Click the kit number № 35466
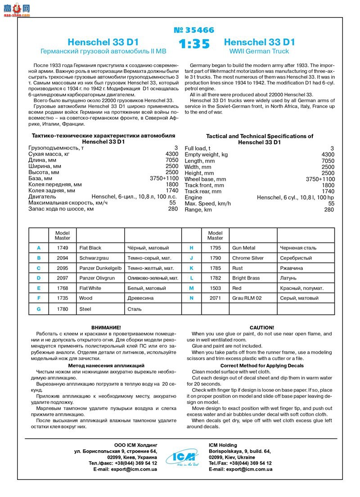pyautogui.click(x=194, y=30)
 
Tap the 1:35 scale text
pyautogui.click(x=194, y=45)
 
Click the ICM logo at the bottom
pyautogui.click(x=183, y=456)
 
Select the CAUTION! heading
pyautogui.click(x=261, y=327)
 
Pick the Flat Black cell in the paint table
pyautogui.click(x=90, y=248)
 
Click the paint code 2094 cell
pyautogui.click(x=63, y=258)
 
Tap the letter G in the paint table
pyautogui.click(x=39, y=309)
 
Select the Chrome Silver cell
pyautogui.click(x=248, y=258)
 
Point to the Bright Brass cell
pyautogui.click(x=246, y=278)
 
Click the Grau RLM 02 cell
pyautogui.click(x=247, y=298)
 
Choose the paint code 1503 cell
pyautogui.click(x=215, y=288)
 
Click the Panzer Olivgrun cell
pyautogui.click(x=97, y=278)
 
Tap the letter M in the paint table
pyautogui.click(x=191, y=288)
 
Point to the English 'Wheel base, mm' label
pyautogui.click(x=205, y=179)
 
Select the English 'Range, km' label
pyautogui.click(x=198, y=210)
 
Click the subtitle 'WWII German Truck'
pyautogui.click(x=259, y=52)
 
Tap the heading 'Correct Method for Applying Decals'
pyautogui.click(x=262, y=366)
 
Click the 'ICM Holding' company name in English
pyautogui.click(x=223, y=445)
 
